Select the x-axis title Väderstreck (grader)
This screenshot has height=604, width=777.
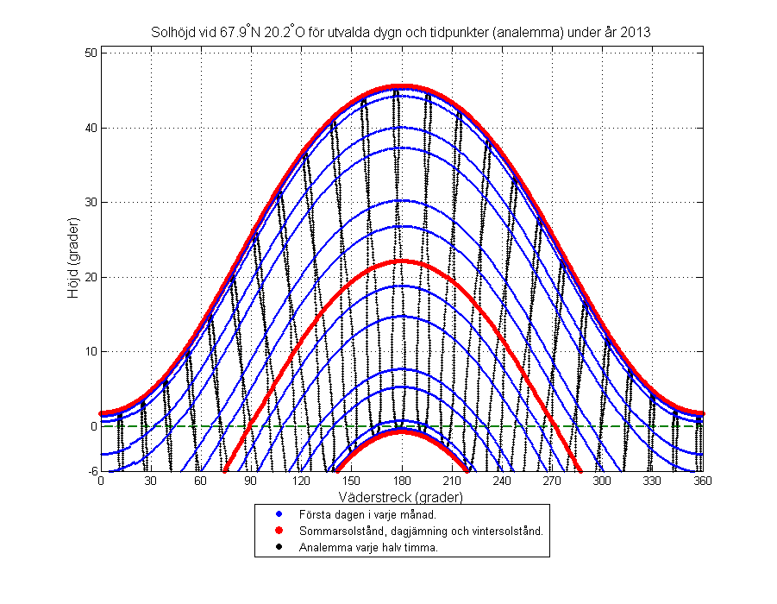[402, 498]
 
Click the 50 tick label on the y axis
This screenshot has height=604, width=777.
[90, 53]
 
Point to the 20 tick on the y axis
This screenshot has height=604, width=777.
[90, 277]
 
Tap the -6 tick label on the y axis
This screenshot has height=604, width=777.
[91, 471]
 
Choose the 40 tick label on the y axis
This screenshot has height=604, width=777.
[90, 128]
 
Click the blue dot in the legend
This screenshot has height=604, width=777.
[279, 514]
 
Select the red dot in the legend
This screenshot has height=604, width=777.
[279, 531]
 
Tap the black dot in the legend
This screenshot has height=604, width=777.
[279, 547]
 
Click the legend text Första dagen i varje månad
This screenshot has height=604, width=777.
[361, 514]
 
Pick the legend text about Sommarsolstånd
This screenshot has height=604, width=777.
[420, 531]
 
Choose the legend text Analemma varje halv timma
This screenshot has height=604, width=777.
[367, 547]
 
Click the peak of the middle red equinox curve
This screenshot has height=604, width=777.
[402, 261]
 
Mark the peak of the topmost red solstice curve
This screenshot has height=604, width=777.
[402, 87]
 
